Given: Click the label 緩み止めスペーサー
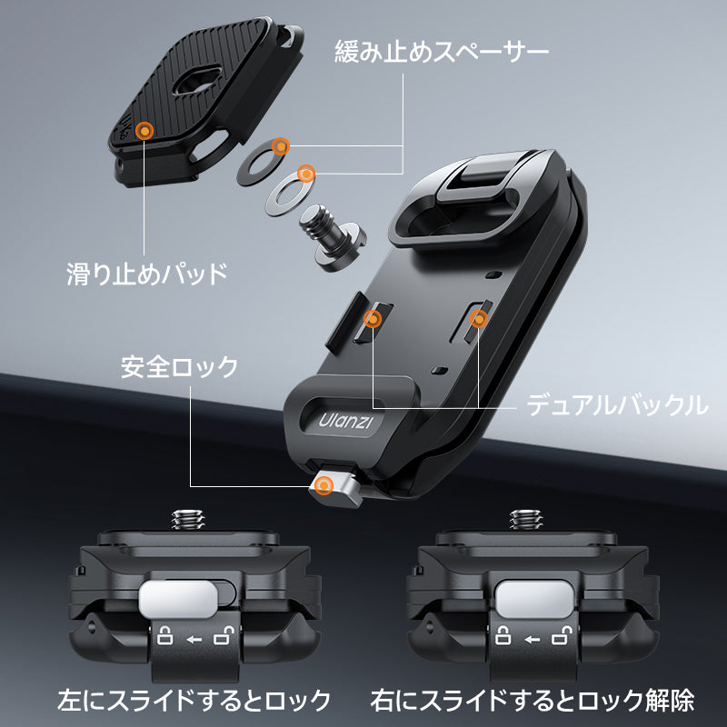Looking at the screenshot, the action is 442,51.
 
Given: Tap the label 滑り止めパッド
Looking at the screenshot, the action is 147,274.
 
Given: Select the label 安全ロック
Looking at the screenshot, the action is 179,367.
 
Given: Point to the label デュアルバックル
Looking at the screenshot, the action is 617,404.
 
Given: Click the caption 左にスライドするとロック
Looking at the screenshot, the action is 194,700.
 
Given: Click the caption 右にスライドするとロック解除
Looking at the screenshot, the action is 533,700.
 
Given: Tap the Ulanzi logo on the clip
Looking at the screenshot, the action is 345,422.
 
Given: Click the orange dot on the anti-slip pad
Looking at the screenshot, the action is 144,131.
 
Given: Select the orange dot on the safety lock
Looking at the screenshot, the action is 324,486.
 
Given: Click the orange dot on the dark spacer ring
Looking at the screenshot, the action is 280,146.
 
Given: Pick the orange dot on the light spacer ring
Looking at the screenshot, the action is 306,174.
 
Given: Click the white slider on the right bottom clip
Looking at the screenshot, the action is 533,599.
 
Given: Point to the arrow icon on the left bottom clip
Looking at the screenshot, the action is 194,640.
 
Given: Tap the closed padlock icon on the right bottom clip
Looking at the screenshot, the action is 503,635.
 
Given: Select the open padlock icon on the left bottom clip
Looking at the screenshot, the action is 224,635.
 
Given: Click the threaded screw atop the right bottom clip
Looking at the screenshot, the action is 525,520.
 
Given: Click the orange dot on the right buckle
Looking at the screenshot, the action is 479,319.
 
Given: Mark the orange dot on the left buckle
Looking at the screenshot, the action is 373,319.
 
